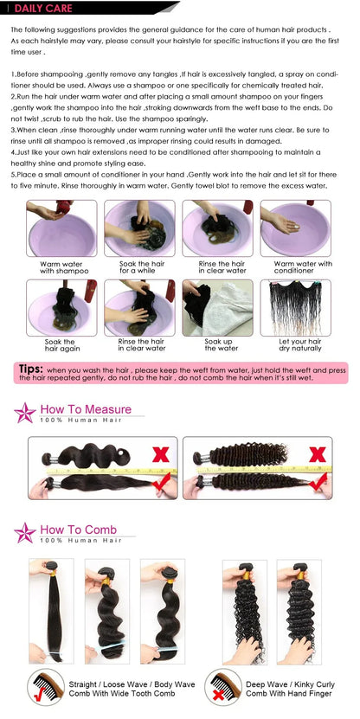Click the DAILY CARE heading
39,8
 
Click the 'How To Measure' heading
86,409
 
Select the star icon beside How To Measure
23,413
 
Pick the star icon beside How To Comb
23,533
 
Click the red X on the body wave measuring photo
161,453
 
